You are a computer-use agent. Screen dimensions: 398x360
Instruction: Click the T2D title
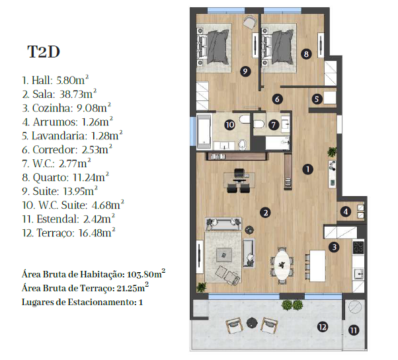tap(44, 52)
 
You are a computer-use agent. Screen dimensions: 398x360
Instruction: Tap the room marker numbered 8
tap(306, 54)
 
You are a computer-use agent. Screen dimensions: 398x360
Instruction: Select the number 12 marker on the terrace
tap(323, 327)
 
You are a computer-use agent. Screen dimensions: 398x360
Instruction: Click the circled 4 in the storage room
tap(346, 211)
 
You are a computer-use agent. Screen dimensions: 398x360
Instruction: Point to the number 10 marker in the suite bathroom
tap(230, 125)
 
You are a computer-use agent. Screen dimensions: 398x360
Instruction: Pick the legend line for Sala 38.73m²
tap(60, 94)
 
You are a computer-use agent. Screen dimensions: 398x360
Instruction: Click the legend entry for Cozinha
tap(67, 108)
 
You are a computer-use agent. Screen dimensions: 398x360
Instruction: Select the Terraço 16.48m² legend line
tap(69, 233)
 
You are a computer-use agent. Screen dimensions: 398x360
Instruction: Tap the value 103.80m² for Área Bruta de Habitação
tap(146, 274)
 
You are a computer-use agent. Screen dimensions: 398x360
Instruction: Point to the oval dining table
tap(282, 266)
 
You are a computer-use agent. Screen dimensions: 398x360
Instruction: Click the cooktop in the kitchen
tap(358, 247)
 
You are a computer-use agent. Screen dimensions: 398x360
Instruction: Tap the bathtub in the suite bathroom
tap(204, 131)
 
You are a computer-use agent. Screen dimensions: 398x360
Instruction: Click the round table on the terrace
tap(252, 323)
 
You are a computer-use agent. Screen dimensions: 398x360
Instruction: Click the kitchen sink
tap(359, 274)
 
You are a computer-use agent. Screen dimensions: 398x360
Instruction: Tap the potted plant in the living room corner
tap(202, 287)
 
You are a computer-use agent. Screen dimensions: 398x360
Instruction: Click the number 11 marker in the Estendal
tap(353, 330)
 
